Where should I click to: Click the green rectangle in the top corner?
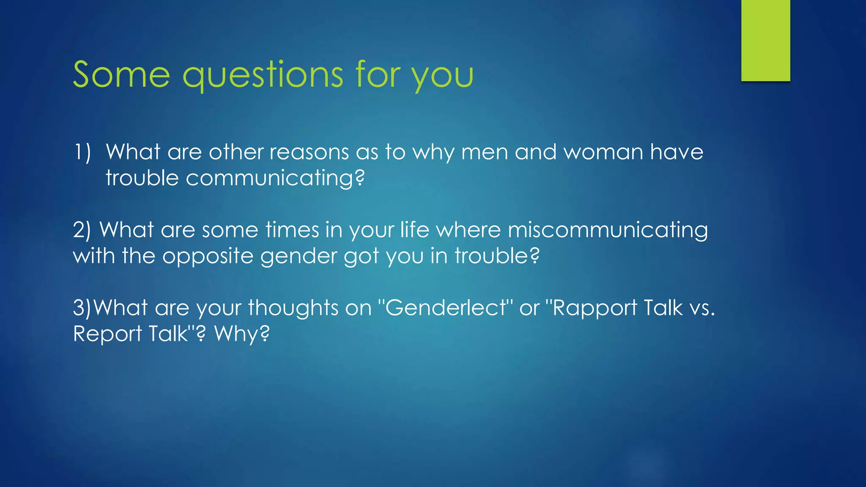(x=765, y=40)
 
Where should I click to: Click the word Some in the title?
(x=121, y=75)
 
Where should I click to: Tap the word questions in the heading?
(x=262, y=75)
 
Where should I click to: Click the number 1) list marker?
(x=82, y=152)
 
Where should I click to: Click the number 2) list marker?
(x=82, y=230)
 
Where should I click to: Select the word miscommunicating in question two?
(x=608, y=230)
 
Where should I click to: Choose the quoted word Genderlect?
(x=446, y=308)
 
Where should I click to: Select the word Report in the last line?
(x=107, y=334)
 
